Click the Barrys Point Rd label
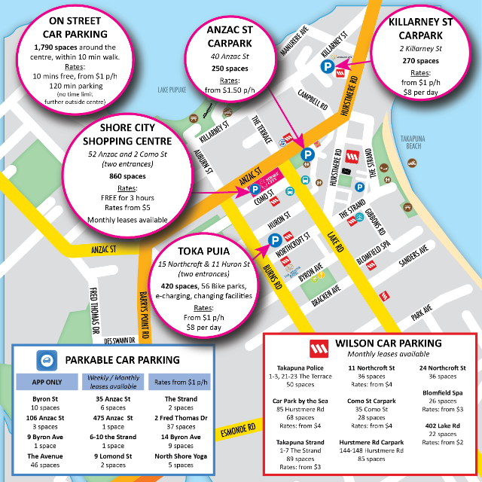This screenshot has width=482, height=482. [145, 306]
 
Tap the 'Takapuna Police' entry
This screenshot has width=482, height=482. [299, 368]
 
